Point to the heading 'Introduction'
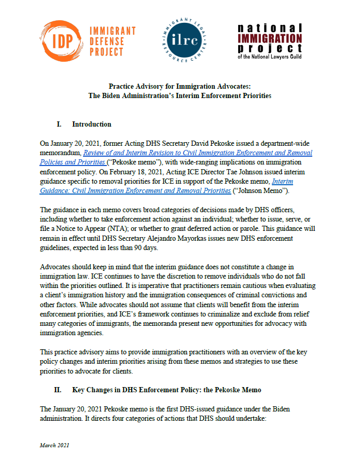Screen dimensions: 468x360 pos(91,125)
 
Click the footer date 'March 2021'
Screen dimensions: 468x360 pos(54,445)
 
